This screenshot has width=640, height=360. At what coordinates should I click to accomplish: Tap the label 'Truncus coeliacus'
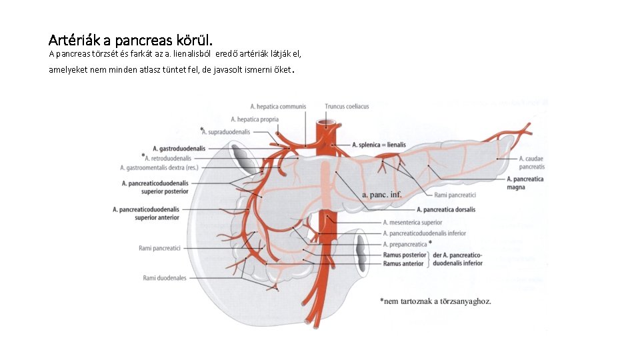coord(347,106)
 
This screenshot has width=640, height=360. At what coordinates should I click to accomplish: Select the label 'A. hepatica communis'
coord(278,106)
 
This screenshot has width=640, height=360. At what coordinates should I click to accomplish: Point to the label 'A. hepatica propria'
coord(255,119)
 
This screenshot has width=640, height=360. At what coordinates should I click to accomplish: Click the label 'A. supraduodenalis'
coord(226,132)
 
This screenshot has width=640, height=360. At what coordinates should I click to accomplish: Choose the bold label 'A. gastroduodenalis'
coord(179,148)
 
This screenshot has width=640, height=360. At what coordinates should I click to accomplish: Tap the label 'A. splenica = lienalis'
coord(379,145)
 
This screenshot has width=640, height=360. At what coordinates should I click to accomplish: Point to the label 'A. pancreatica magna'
coord(525,183)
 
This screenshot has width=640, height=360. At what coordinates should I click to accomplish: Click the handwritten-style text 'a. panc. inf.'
coord(382,195)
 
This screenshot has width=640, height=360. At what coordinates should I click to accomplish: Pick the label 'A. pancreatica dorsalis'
coord(446,209)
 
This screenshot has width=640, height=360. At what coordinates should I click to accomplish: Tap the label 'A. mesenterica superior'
coord(413,222)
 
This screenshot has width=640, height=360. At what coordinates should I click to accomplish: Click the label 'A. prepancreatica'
coord(405,244)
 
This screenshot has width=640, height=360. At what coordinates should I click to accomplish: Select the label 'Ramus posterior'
coord(405,255)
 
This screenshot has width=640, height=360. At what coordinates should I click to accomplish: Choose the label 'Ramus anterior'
coord(403,263)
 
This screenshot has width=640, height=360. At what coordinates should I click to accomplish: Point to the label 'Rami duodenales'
coord(165,278)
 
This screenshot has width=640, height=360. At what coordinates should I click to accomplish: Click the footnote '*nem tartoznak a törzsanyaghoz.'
coord(435,301)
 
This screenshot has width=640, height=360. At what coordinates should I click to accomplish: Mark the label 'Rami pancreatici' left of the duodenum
coord(160,248)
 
